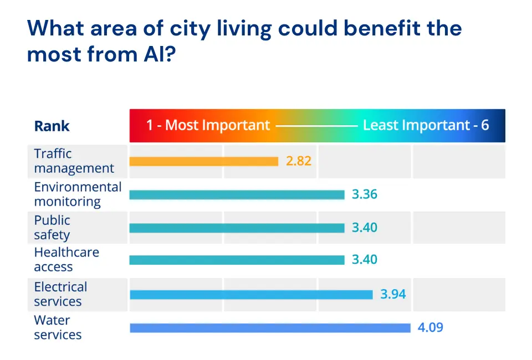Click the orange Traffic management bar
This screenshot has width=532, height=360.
pyautogui.click(x=203, y=161)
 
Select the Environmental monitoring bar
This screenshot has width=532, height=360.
pyautogui.click(x=237, y=194)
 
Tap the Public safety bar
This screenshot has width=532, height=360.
pyautogui.click(x=237, y=228)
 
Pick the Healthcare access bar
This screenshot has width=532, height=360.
pyautogui.click(x=237, y=260)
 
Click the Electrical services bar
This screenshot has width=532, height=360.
pyautogui.click(x=251, y=294)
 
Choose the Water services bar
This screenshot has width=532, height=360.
pyautogui.click(x=270, y=328)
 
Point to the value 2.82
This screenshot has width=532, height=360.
pyautogui.click(x=299, y=161)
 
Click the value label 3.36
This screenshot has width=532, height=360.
pyautogui.click(x=365, y=194)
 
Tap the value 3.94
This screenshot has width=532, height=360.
pyautogui.click(x=393, y=294)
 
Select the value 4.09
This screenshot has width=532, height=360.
pyautogui.click(x=430, y=327)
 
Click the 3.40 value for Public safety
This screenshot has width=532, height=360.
pyautogui.click(x=365, y=228)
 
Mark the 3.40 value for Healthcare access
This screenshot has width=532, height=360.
pyautogui.click(x=365, y=260)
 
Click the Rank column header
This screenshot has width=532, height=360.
pyautogui.click(x=52, y=126)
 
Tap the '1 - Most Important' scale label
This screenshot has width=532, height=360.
pyautogui.click(x=208, y=125)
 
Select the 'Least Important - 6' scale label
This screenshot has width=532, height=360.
pyautogui.click(x=426, y=125)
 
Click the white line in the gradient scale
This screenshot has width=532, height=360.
pyautogui.click(x=316, y=126)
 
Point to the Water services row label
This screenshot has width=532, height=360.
pyautogui.click(x=58, y=327)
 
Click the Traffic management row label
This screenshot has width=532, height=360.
pyautogui.click(x=74, y=161)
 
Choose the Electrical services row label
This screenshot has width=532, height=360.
pyautogui.click(x=60, y=294)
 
